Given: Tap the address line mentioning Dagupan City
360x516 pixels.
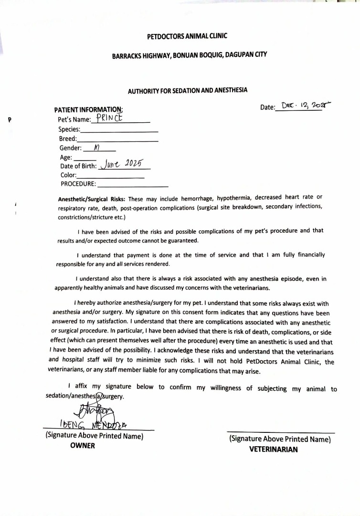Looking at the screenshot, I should (189, 55).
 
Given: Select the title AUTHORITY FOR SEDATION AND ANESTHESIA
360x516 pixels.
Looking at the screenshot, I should (188, 90).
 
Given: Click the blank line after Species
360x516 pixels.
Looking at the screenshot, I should (120, 130).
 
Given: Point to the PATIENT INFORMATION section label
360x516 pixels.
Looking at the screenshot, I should (88, 109).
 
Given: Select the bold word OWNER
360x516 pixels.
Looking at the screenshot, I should (83, 446).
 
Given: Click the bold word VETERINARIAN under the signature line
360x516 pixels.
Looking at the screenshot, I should (274, 449).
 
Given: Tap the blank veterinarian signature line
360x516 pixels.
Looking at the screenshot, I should (280, 432).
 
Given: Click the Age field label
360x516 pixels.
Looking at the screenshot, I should (66, 157).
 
